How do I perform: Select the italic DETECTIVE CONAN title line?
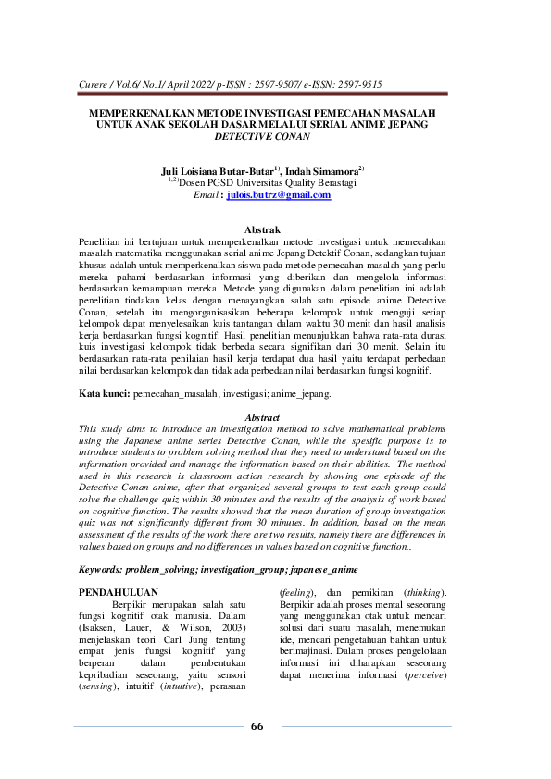pos(262,135)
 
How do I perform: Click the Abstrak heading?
pos(261,229)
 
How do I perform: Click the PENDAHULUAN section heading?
pos(119,591)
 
